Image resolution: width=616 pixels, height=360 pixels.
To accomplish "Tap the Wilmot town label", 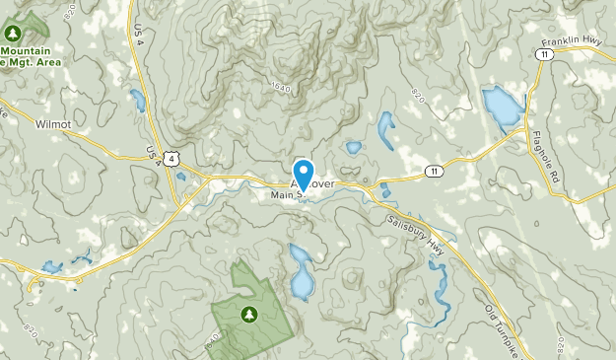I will click(x=53, y=125).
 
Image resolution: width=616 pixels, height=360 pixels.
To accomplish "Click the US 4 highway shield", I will click(x=173, y=158).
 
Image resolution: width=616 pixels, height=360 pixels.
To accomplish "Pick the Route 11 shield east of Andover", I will click(x=433, y=172).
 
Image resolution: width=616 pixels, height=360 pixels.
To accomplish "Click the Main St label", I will click(x=287, y=194).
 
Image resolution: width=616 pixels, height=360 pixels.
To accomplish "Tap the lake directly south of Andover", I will click(x=301, y=272).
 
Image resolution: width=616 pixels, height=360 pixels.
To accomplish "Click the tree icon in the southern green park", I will click(x=247, y=314).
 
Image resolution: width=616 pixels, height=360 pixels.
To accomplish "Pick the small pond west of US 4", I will click(x=136, y=99).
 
